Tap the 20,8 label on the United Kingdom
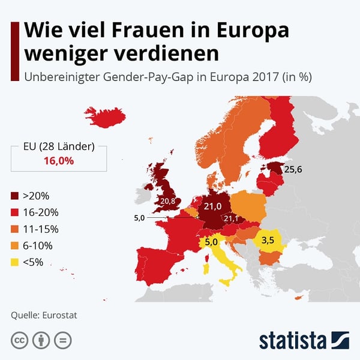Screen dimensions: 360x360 (167, 201)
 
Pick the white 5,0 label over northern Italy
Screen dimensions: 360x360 (211, 242)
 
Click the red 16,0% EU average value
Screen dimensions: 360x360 (58, 161)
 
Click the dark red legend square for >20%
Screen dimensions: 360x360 (15, 196)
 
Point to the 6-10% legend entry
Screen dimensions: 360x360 (37, 245)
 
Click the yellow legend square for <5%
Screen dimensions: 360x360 (15, 262)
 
